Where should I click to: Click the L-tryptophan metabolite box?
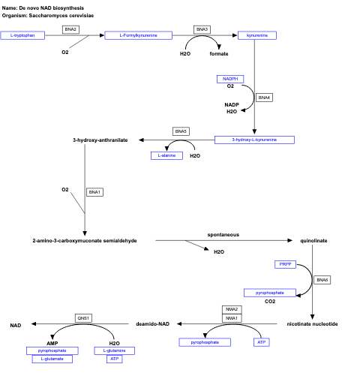22,35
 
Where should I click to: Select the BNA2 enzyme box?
70,29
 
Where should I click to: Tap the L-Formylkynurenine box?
138,35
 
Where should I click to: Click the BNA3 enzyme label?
202,29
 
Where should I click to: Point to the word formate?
219,54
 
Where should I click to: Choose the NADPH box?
230,79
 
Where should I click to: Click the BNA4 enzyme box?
264,98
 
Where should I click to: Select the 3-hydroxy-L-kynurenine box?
254,140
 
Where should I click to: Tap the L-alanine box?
167,155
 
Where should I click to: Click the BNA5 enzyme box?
181,131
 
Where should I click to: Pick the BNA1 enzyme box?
94,192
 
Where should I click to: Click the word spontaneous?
223,235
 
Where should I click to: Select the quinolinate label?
313,240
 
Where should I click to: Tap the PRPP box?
286,265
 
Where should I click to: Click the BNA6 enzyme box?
322,280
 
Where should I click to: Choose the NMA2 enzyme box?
232,309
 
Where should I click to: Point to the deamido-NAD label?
153,324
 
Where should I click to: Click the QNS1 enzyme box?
84,318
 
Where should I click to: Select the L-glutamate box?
52,359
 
